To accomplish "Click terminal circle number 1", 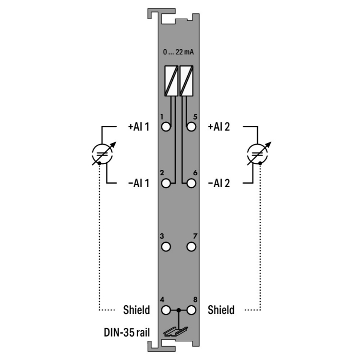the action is (x=166, y=127).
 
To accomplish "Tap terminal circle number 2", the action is (x=166, y=183).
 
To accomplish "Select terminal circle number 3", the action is (x=166, y=247).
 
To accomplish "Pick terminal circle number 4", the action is (x=166, y=310).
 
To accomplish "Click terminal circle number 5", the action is (x=191, y=127).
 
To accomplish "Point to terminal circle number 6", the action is (x=191, y=183).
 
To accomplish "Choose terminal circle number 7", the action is (x=191, y=247).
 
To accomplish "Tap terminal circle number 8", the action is (x=191, y=310).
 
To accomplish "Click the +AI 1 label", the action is (x=139, y=127).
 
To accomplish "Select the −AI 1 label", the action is (x=139, y=183).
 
